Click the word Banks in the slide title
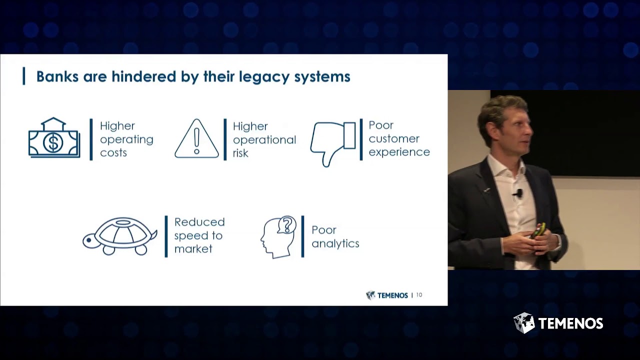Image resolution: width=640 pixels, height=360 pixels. (x=55, y=76)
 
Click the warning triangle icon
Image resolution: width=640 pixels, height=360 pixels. (x=196, y=139)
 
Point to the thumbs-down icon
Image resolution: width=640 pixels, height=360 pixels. (x=332, y=142)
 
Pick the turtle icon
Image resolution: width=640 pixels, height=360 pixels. (x=120, y=235)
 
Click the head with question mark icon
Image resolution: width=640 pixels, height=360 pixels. (x=279, y=236)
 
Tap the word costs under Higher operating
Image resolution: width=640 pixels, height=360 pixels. (x=113, y=153)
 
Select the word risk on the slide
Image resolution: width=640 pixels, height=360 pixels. (x=240, y=153)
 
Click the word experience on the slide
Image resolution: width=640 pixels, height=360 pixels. (x=399, y=152)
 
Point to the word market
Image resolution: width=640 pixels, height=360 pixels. (x=193, y=249)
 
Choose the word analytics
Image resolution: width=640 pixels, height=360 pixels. (x=335, y=244)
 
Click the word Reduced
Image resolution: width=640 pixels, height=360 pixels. (x=199, y=222)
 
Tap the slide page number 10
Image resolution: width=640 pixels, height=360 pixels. (x=419, y=295)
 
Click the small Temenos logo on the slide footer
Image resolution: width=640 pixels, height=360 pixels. (x=387, y=295)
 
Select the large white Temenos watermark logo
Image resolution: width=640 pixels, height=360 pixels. (x=558, y=323)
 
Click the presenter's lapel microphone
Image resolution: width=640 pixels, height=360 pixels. (x=519, y=193)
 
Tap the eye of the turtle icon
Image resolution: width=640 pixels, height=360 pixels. (x=89, y=240)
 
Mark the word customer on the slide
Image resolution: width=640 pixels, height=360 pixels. (x=393, y=138)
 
